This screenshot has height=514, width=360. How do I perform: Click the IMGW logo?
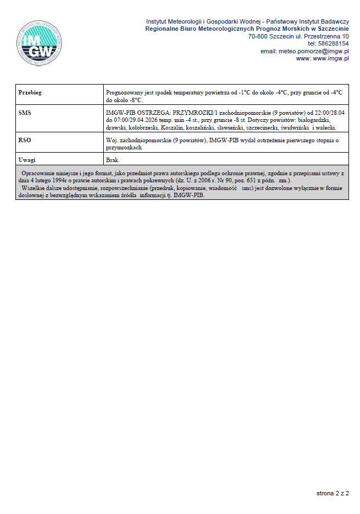(x=38, y=44)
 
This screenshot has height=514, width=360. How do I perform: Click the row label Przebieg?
(x=30, y=93)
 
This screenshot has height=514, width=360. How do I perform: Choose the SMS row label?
(x=25, y=112)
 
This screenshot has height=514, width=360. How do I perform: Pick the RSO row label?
(x=25, y=141)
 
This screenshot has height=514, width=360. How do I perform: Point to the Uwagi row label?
(x=27, y=159)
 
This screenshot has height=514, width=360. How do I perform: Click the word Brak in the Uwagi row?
(x=113, y=159)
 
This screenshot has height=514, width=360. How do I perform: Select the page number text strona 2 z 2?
(x=333, y=493)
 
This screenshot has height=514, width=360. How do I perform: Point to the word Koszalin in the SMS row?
(x=172, y=127)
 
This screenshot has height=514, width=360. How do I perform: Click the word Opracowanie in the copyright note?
(x=38, y=173)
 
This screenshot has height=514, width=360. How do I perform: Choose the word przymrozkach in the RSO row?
(x=124, y=148)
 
